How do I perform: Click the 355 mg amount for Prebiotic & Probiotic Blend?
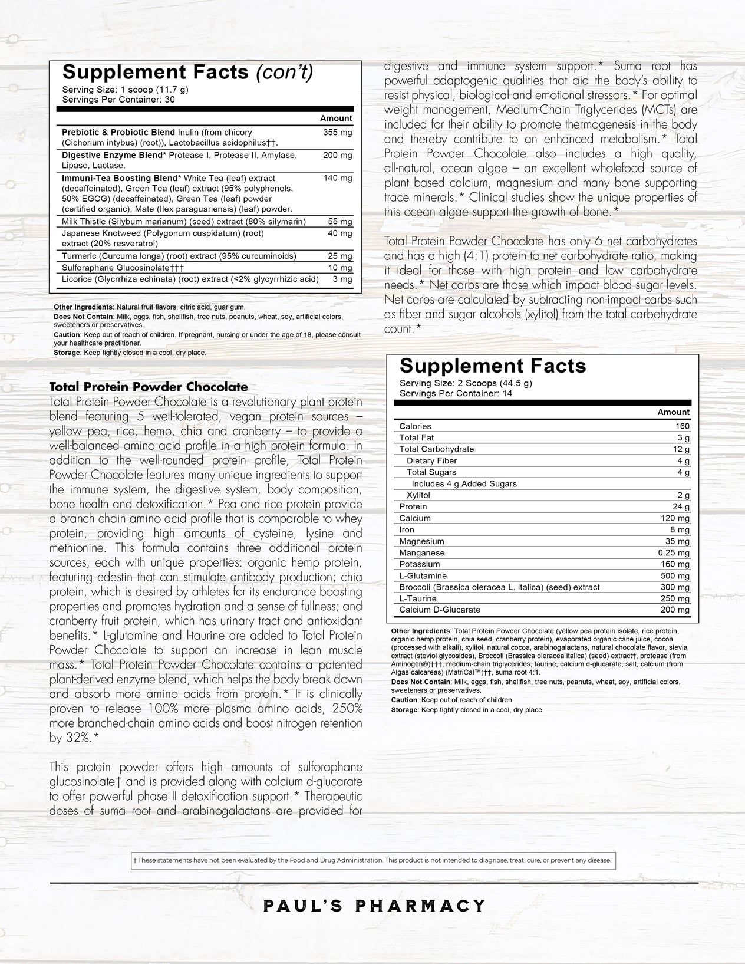point(337,133)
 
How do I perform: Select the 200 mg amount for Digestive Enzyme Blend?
point(337,155)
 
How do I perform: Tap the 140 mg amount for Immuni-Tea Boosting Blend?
point(337,178)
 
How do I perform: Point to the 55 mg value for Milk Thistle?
point(339,222)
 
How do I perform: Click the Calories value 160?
point(682,426)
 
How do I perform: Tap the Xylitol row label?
point(418,495)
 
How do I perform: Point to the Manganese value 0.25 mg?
point(674,553)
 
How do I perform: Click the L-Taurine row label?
point(418,598)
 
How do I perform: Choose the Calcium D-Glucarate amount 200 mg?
point(675,610)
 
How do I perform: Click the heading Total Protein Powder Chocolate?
point(149,387)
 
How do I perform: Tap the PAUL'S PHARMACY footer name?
point(374,905)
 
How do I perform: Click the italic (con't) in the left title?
point(284,72)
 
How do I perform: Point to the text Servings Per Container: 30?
point(118,99)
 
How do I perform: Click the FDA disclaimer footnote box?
point(372,860)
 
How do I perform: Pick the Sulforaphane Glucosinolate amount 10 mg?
point(340,268)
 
